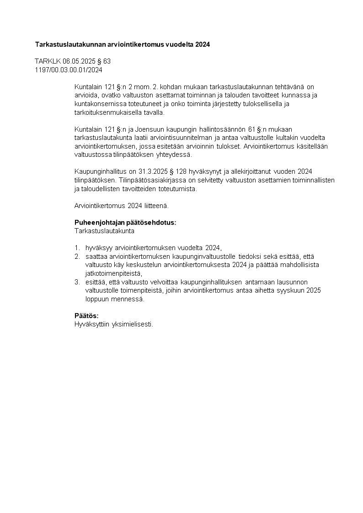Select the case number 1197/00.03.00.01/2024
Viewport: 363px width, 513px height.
[x=69, y=70]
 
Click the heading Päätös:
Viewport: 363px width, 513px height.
[x=86, y=316]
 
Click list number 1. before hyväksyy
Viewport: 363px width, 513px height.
[x=77, y=248]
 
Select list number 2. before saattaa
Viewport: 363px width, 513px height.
[x=77, y=256]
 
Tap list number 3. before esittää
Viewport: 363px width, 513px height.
[x=77, y=282]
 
